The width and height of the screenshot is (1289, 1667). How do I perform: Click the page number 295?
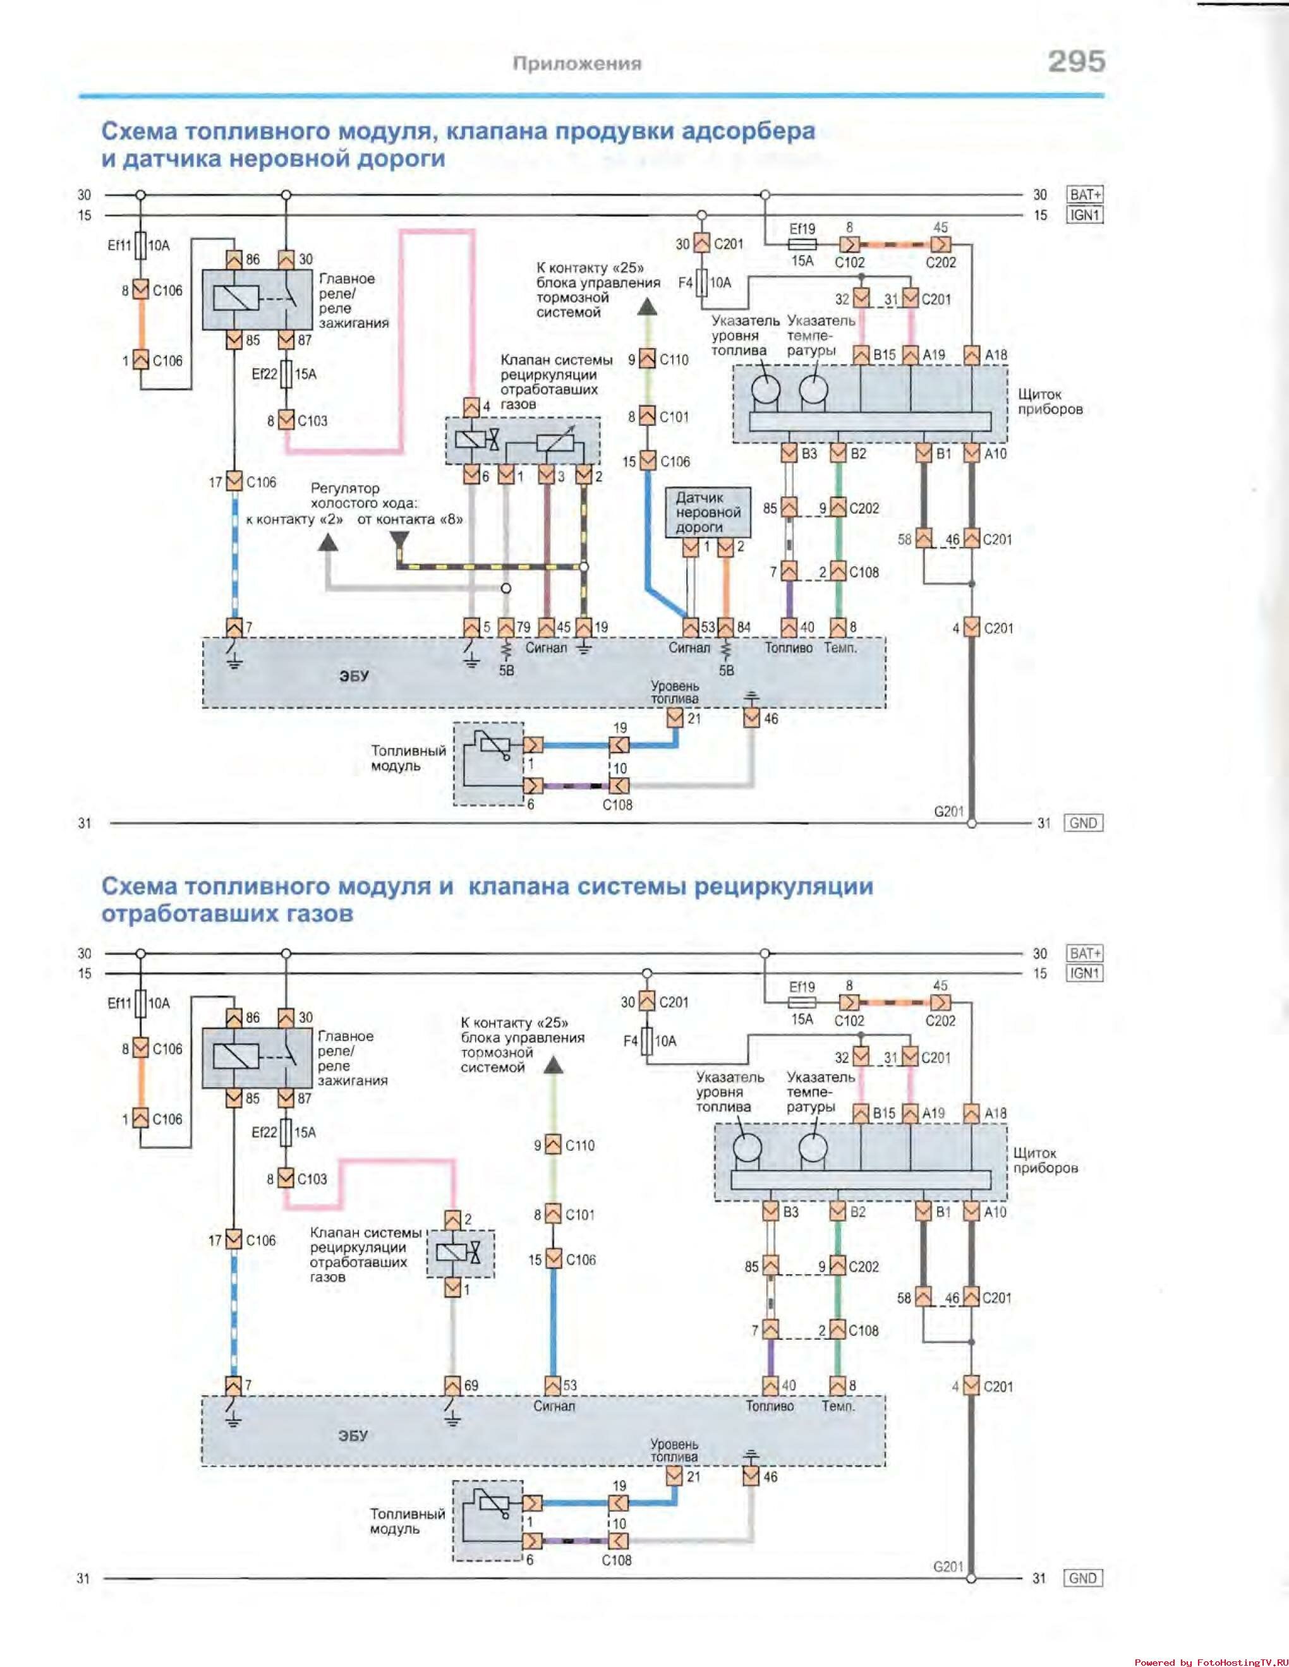tap(1077, 61)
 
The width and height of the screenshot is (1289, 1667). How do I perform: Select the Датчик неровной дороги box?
tap(708, 512)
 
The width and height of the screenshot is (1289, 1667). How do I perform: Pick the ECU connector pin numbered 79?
tap(506, 627)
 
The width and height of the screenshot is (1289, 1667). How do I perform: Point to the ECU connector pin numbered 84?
tap(725, 627)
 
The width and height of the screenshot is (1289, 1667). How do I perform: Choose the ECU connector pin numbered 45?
tap(546, 627)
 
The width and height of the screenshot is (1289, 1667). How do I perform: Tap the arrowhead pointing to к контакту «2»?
tap(329, 542)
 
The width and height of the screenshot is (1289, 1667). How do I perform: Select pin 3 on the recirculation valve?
tap(546, 475)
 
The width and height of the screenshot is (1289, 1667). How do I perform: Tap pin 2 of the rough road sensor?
tap(725, 546)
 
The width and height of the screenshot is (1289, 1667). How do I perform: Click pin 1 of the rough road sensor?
tap(691, 546)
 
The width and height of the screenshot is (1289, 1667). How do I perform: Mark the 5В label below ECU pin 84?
tap(726, 670)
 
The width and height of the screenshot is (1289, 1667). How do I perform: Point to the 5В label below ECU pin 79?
tap(506, 670)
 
